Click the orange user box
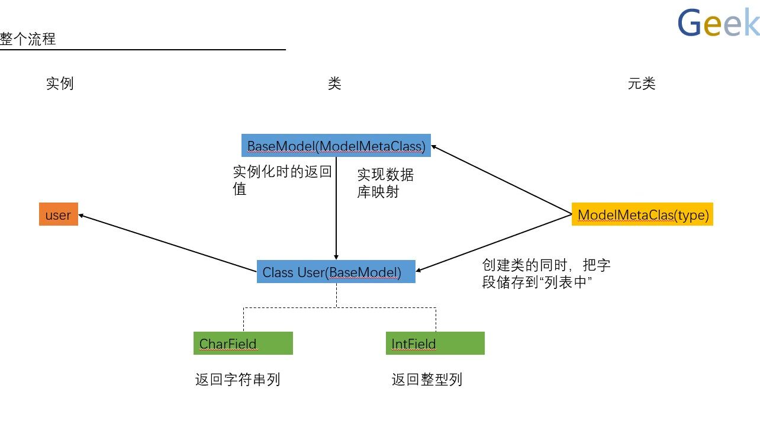click(x=59, y=215)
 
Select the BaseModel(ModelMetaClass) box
click(x=336, y=146)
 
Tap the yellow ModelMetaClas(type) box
click(x=643, y=215)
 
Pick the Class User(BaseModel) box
click(x=336, y=272)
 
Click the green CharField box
click(x=243, y=343)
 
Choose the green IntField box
click(x=435, y=343)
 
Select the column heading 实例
click(x=60, y=84)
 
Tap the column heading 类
click(x=334, y=84)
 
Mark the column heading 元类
click(x=642, y=84)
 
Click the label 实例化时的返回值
click(x=282, y=181)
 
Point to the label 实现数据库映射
click(x=385, y=183)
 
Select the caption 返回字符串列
click(x=237, y=379)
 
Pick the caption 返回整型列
click(x=427, y=379)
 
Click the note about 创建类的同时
click(x=546, y=274)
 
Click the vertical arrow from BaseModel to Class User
click(x=336, y=207)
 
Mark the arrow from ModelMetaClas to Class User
click(x=494, y=242)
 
